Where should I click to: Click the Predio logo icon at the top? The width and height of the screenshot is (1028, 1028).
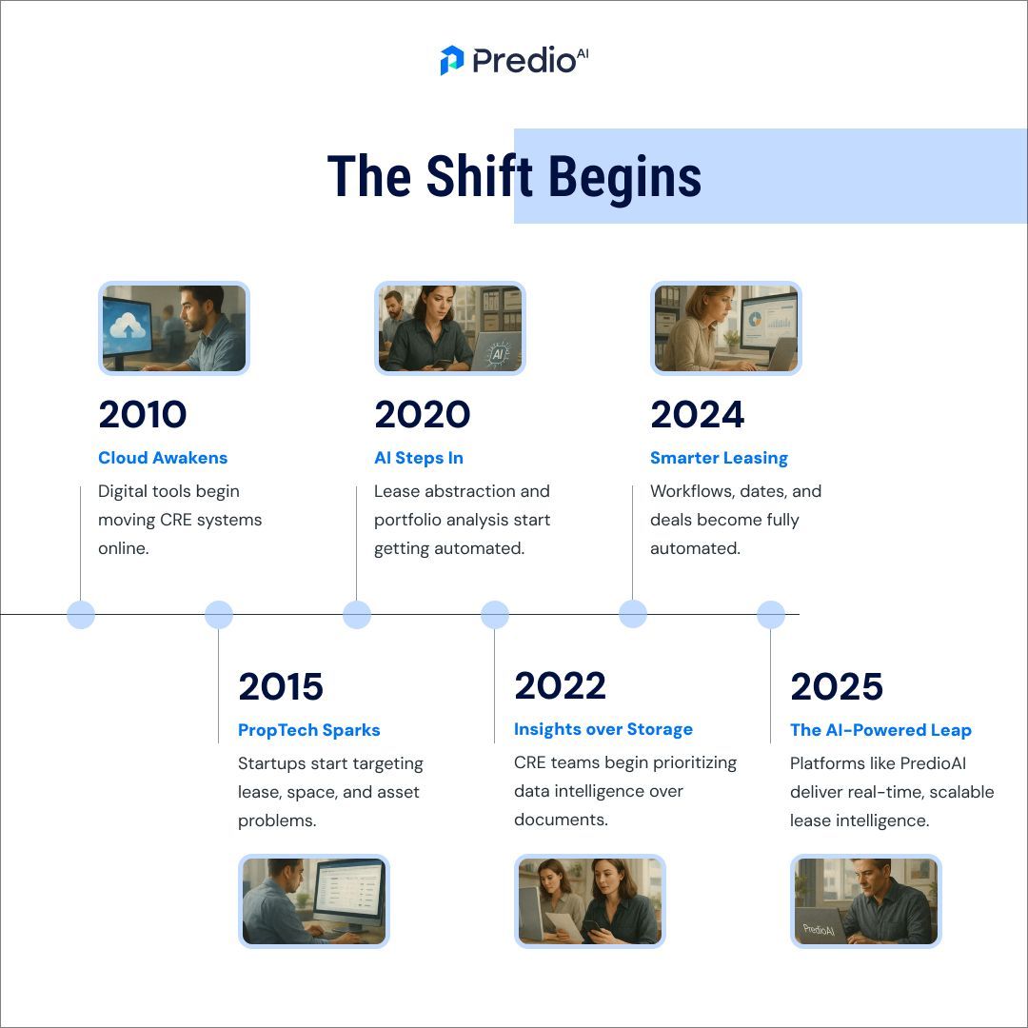click(x=451, y=60)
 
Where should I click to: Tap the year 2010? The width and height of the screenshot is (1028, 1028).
click(x=143, y=415)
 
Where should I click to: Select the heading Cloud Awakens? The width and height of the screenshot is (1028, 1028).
click(x=163, y=458)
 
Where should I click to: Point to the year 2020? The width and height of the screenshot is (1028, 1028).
click(x=423, y=415)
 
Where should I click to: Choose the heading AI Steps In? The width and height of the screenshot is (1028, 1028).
click(x=419, y=458)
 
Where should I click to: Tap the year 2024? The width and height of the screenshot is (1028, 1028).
click(x=698, y=415)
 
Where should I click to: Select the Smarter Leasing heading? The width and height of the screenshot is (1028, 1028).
click(x=719, y=458)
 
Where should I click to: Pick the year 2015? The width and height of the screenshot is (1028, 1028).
click(x=281, y=686)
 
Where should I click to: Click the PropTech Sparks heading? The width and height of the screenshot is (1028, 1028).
click(x=309, y=730)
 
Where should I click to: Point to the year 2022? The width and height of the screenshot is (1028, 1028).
click(x=560, y=686)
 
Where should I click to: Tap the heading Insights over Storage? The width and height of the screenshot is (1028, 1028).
click(x=603, y=729)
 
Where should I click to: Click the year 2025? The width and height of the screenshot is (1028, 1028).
click(x=837, y=686)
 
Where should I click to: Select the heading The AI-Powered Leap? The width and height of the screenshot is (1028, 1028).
click(x=880, y=730)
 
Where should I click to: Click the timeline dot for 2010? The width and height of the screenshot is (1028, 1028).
click(x=81, y=615)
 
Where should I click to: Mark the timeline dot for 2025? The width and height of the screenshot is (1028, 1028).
click(x=771, y=615)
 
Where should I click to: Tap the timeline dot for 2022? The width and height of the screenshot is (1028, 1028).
click(x=495, y=615)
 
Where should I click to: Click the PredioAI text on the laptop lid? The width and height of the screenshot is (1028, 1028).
click(x=819, y=929)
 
